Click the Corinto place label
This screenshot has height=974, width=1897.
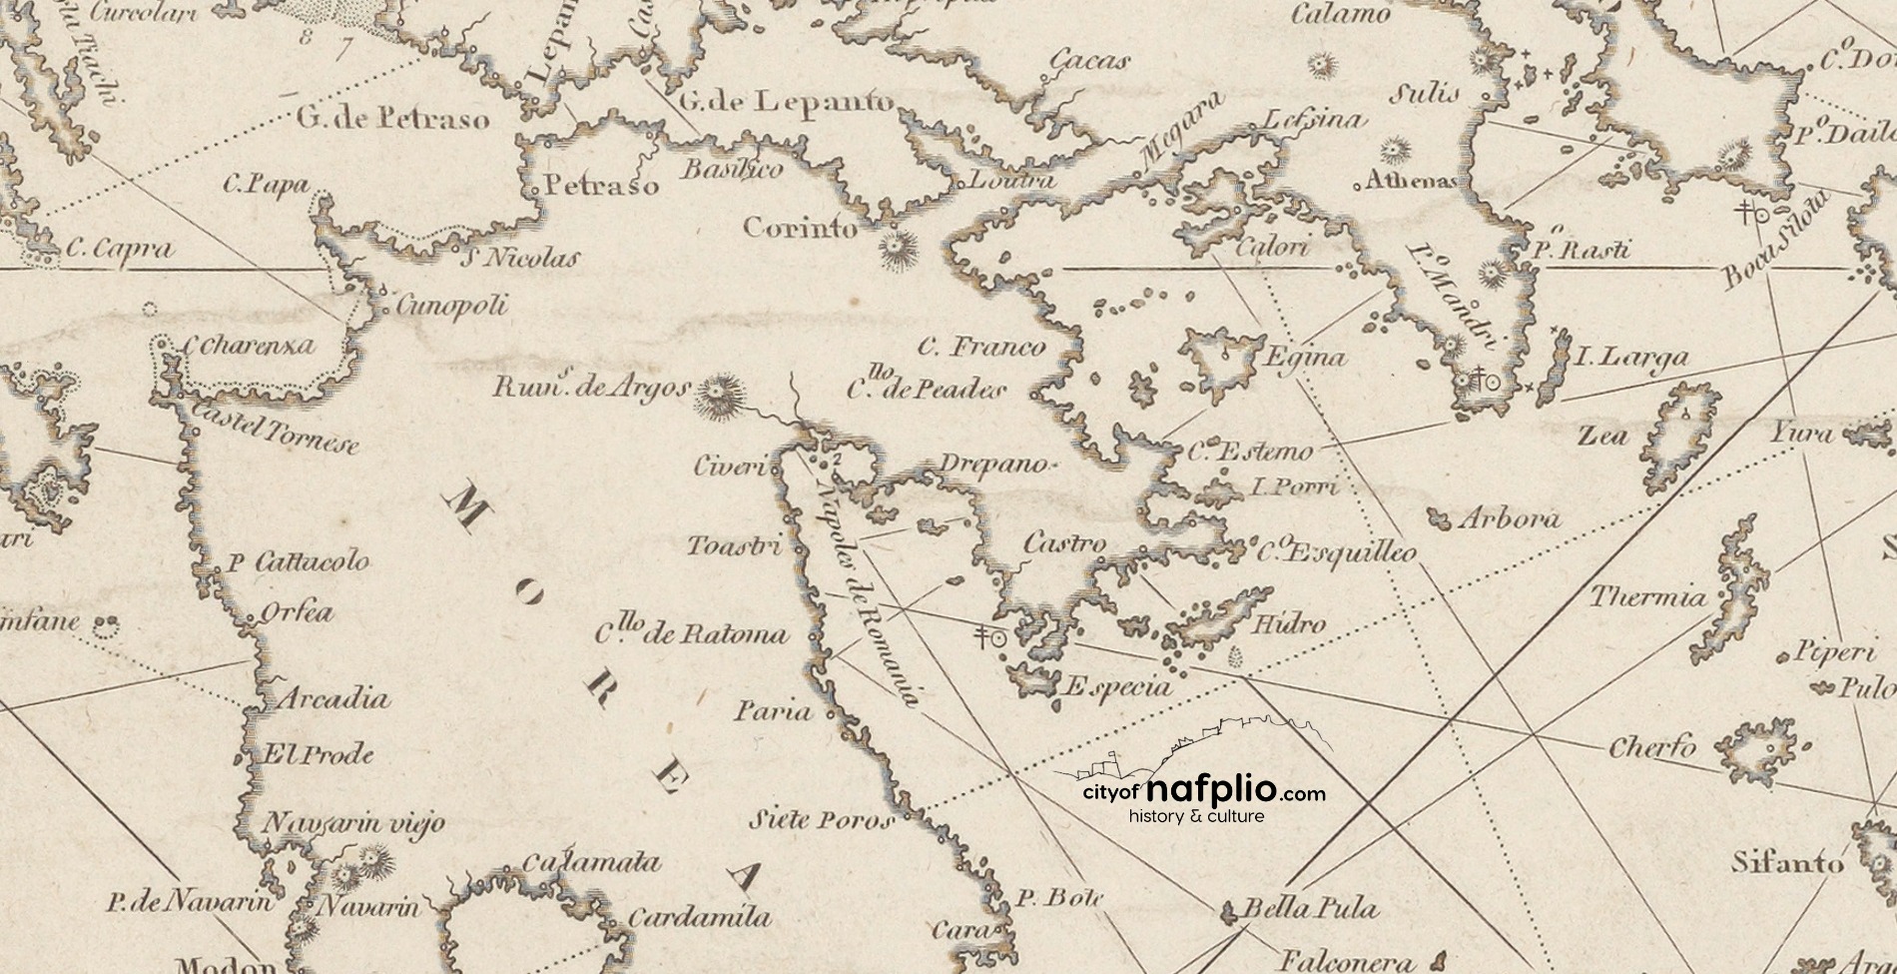(x=801, y=229)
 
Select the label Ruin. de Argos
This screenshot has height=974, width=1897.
(x=591, y=388)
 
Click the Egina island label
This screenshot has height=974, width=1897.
(x=1305, y=358)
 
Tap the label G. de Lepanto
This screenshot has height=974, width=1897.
(x=786, y=101)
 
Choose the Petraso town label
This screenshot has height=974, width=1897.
(x=601, y=187)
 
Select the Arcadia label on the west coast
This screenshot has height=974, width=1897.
(x=331, y=698)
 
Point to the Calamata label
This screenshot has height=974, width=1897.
(x=592, y=863)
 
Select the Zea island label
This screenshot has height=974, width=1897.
(x=1602, y=436)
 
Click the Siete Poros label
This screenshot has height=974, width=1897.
(x=821, y=822)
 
